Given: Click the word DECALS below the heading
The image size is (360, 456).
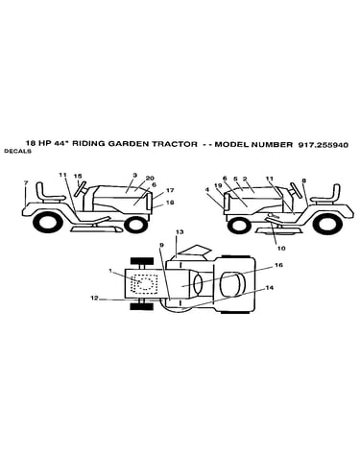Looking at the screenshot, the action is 17,152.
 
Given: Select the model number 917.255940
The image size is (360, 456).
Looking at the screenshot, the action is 323,144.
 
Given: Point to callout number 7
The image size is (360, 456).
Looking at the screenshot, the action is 26,182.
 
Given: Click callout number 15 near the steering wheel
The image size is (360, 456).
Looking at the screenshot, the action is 78,176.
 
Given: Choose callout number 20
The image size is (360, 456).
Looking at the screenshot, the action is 150,178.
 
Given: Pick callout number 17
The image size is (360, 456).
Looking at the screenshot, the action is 170,190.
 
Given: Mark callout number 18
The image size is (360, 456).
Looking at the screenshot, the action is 170,203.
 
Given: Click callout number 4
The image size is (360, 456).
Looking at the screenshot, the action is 207,189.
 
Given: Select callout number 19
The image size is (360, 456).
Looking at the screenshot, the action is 218,185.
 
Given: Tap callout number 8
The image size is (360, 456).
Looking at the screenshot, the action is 303,180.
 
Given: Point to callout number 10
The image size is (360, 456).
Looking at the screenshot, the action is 281,248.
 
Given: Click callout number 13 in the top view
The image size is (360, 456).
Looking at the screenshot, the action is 180,231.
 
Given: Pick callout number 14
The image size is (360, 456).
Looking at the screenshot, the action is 270,288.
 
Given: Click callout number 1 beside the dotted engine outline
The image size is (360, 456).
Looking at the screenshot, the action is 110,271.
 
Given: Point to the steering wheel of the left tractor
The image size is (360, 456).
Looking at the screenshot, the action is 81,188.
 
